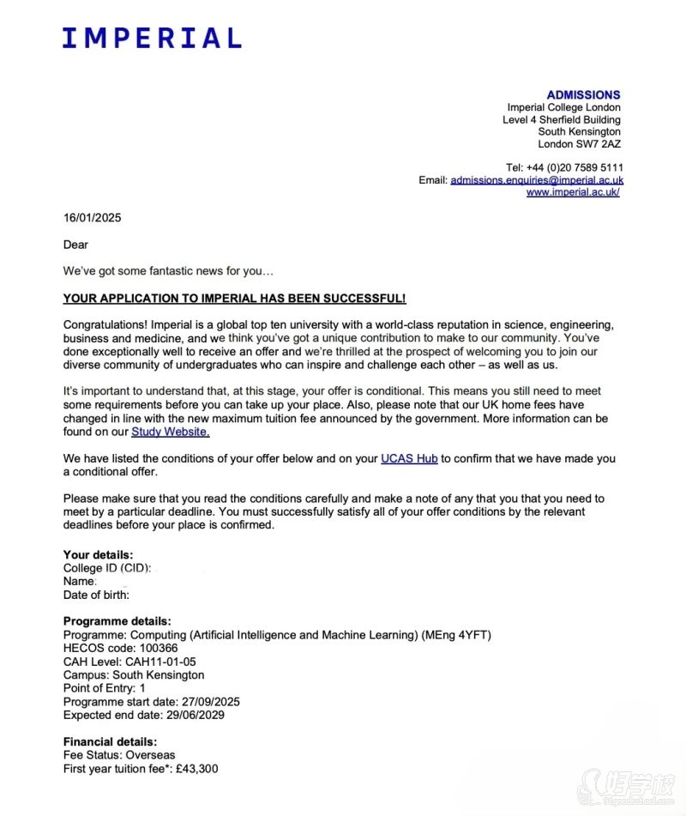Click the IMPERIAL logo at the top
tap(152, 38)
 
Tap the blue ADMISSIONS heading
tap(583, 94)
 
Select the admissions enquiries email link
tap(537, 180)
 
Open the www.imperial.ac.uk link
tap(573, 192)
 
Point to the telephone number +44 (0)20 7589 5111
tap(578, 167)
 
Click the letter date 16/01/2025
tap(92, 217)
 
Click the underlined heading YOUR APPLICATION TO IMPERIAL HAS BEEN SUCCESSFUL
tap(234, 299)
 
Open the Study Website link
tap(170, 432)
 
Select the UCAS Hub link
tap(409, 459)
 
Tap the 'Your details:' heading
tap(98, 555)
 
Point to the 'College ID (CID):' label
tap(107, 568)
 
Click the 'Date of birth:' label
tap(96, 594)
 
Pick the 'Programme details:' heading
tap(117, 621)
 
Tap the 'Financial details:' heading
tap(110, 741)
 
